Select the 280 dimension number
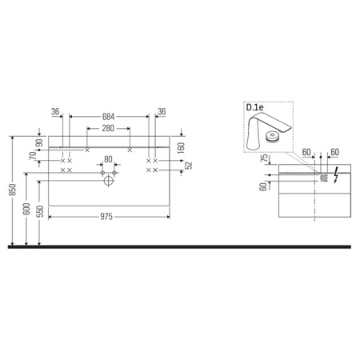pos(109,128)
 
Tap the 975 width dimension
pos(110,216)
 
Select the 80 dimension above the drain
pos(110,160)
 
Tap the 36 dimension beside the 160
pos(161,114)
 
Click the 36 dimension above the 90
pos(55,114)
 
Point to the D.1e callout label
pos(254,107)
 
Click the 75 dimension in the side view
pos(264,159)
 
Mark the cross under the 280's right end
pos(130,150)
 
